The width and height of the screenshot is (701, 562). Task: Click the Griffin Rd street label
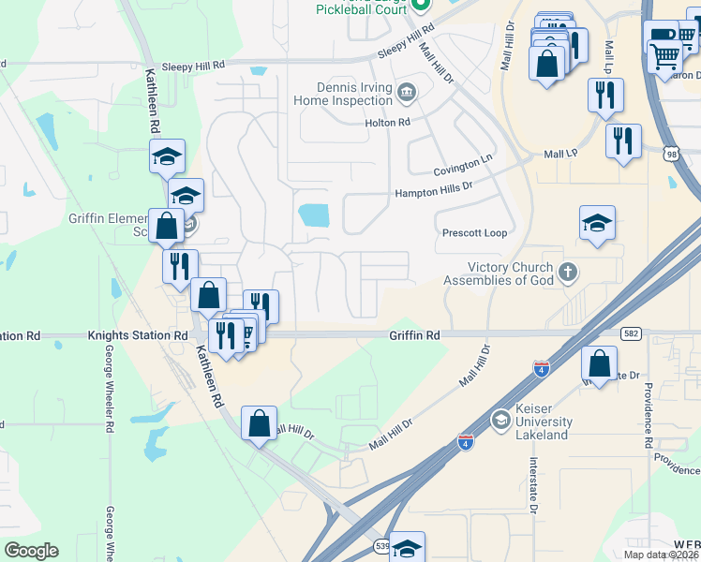[415, 334]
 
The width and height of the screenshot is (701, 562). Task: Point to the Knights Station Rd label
[138, 334]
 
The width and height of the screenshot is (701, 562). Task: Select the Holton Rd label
[388, 123]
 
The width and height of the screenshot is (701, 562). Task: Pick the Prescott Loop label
[474, 233]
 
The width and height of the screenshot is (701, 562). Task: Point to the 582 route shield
[630, 333]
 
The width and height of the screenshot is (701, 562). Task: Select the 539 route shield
[382, 544]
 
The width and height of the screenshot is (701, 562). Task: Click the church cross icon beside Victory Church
[566, 273]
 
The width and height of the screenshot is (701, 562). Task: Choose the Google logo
[32, 550]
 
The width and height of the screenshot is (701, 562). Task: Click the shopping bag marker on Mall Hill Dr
[259, 423]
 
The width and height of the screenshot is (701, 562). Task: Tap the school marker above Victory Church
[597, 224]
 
